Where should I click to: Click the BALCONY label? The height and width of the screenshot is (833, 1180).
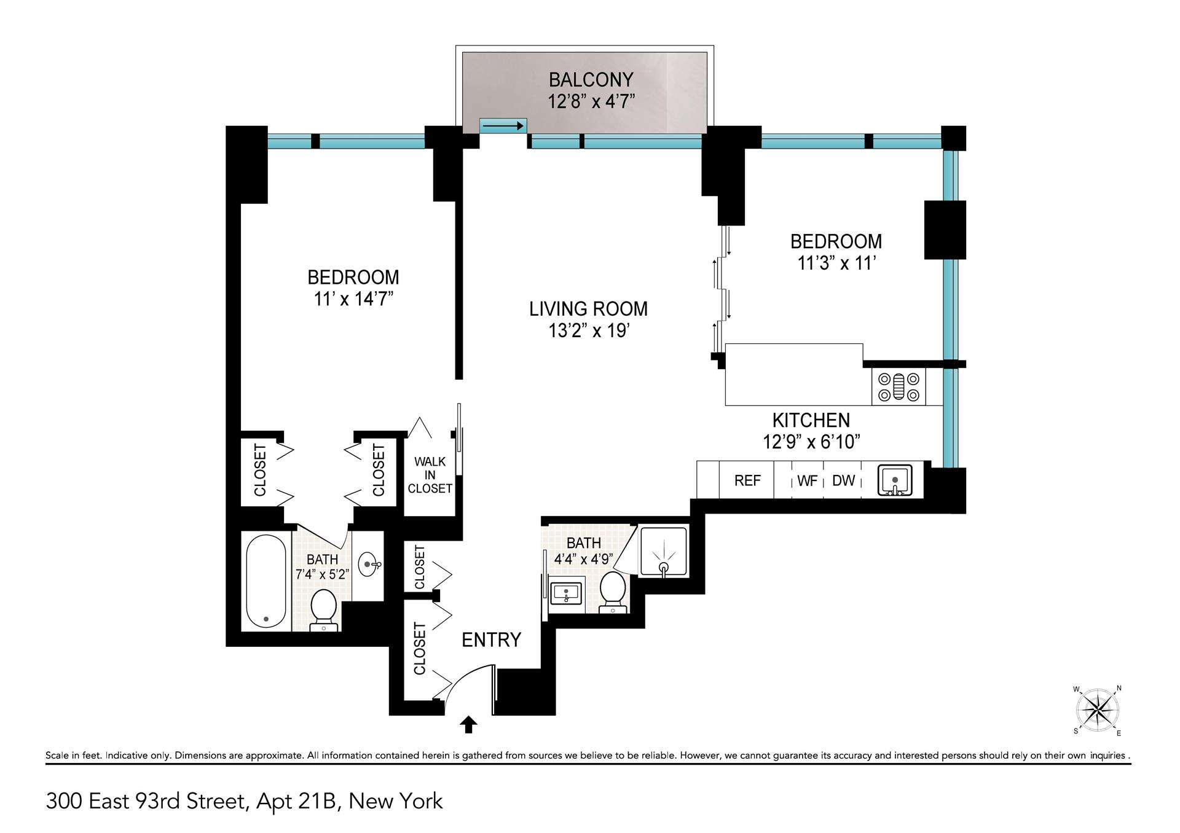[591, 80]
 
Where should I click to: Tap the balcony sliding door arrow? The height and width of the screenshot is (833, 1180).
[503, 126]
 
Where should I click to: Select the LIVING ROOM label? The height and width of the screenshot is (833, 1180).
[588, 308]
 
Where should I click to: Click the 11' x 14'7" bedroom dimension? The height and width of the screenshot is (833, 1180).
[353, 299]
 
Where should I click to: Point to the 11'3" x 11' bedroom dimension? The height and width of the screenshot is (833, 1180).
[836, 264]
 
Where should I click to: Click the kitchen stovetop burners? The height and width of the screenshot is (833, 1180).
[898, 387]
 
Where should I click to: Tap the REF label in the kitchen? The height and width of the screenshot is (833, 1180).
[747, 480]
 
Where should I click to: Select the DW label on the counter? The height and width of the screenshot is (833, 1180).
[843, 480]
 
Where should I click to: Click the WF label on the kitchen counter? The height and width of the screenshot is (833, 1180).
[807, 481]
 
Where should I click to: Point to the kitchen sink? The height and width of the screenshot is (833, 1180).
[895, 480]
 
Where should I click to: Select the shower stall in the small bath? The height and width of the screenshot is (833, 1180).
[663, 551]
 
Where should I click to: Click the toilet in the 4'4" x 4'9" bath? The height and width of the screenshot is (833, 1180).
[612, 591]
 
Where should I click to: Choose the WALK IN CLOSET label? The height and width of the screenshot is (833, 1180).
[430, 475]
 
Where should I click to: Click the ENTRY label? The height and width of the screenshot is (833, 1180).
[491, 640]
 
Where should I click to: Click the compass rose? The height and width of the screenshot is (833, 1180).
[1098, 711]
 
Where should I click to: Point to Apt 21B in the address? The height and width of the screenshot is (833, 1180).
[297, 801]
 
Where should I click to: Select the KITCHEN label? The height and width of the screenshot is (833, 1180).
[811, 420]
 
